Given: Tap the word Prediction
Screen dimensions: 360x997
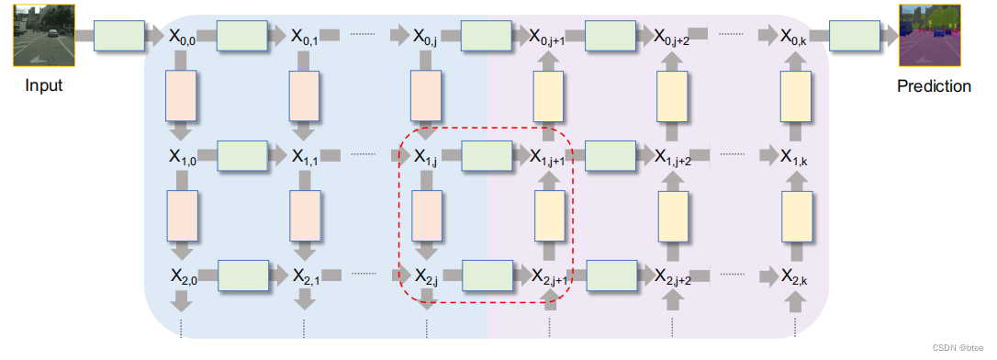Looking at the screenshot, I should (x=934, y=86).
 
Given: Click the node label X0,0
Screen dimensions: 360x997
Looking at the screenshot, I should (x=181, y=37).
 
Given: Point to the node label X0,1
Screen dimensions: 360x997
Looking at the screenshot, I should (x=304, y=37).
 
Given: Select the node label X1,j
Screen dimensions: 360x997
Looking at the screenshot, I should (x=426, y=157).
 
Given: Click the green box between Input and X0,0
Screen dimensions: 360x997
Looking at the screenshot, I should (x=119, y=36).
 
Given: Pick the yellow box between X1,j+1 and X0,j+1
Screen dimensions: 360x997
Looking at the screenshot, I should (x=549, y=97).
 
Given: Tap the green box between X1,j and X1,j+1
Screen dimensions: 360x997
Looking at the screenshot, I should (x=487, y=156).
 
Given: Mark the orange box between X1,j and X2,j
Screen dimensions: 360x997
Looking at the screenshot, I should (x=426, y=216).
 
